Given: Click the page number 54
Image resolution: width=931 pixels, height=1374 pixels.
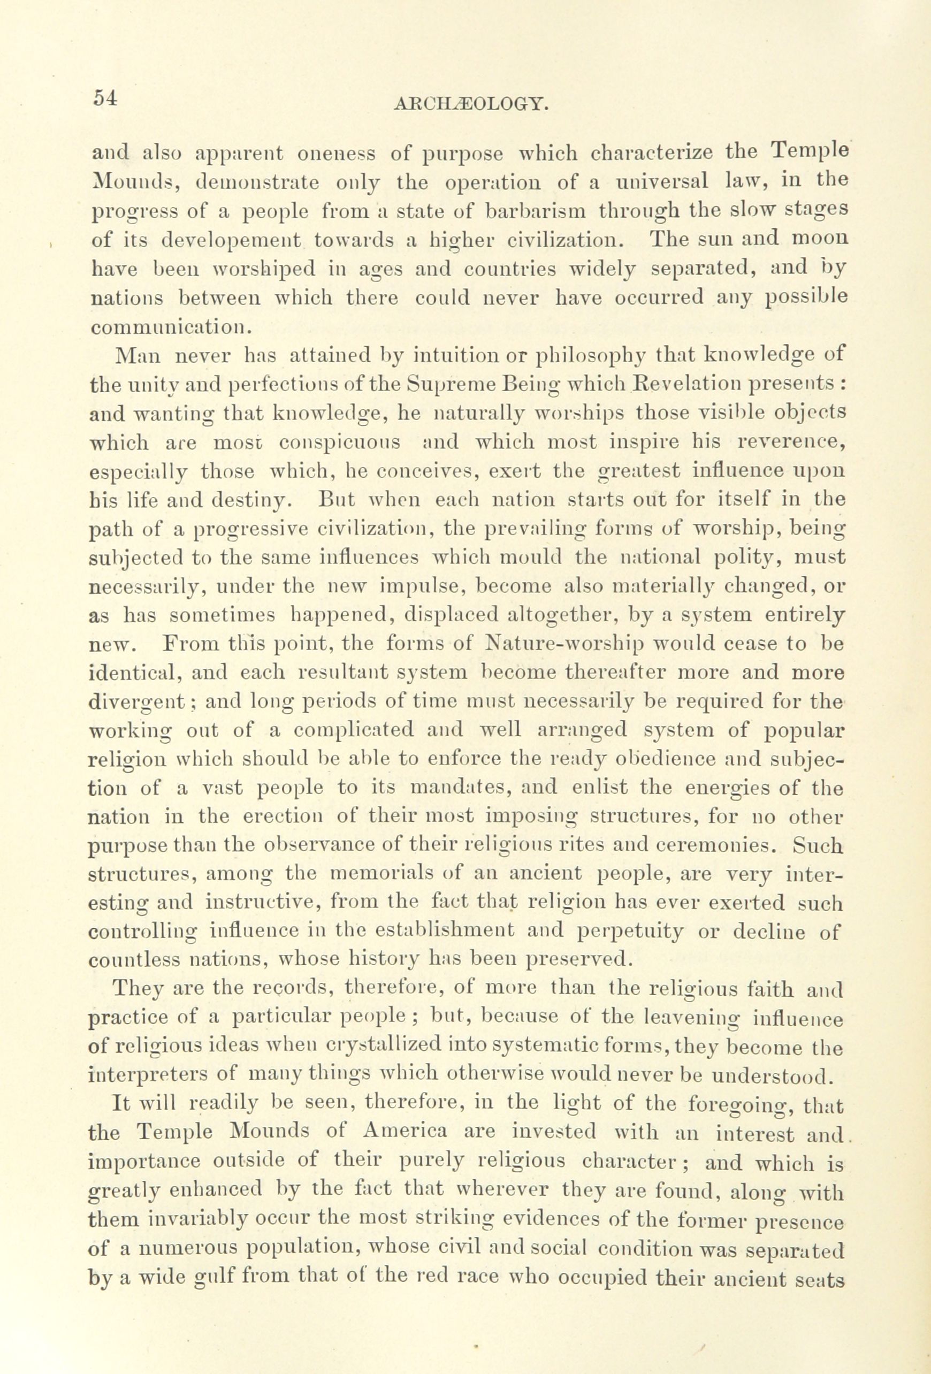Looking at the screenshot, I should (106, 97).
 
